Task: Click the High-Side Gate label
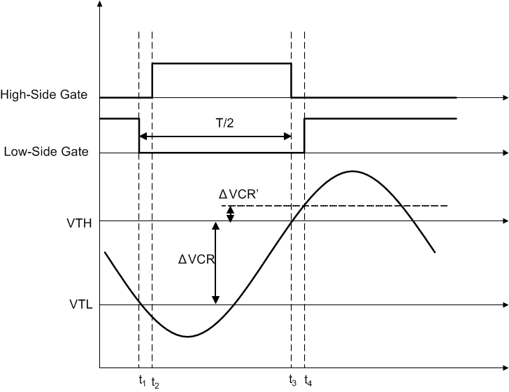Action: click(x=43, y=94)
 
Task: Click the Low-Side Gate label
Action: click(x=46, y=150)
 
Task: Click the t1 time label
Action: click(x=143, y=381)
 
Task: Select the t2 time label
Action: click(x=155, y=382)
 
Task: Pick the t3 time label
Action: click(x=292, y=381)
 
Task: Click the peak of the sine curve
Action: click(x=354, y=171)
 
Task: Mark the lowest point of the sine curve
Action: click(x=187, y=337)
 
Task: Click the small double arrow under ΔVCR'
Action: click(x=230, y=213)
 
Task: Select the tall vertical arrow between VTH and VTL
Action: click(x=215, y=262)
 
